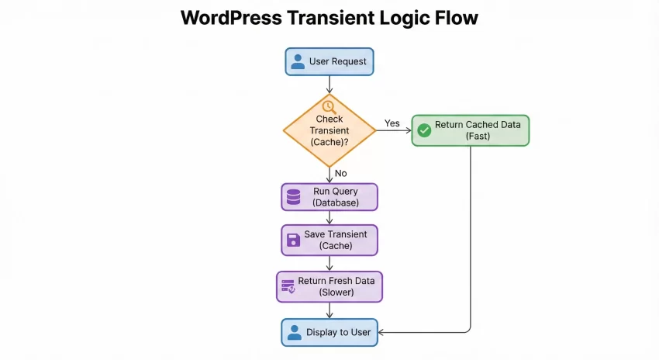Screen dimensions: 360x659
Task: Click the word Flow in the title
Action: (x=455, y=18)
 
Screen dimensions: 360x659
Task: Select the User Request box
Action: (x=329, y=61)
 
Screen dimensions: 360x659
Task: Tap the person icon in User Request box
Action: (x=298, y=61)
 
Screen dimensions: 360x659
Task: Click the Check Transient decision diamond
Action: (x=329, y=130)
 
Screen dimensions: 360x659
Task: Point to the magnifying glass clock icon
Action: (x=329, y=106)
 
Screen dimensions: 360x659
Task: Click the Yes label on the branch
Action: (x=392, y=123)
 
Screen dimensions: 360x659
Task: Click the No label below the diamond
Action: (x=340, y=173)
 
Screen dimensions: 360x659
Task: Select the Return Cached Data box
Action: (x=471, y=130)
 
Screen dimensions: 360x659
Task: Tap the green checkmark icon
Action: (x=424, y=130)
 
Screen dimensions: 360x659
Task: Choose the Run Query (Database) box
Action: (x=329, y=197)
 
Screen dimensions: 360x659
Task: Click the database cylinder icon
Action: (x=293, y=197)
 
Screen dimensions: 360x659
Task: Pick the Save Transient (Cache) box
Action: (x=329, y=240)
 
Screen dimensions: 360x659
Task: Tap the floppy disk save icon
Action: (x=293, y=240)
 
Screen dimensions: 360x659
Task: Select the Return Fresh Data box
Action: (x=329, y=286)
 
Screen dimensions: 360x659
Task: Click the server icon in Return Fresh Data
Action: (x=288, y=286)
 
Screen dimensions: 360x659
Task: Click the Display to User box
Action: (x=329, y=332)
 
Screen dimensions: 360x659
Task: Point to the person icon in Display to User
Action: (x=293, y=332)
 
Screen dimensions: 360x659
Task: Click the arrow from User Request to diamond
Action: (x=329, y=85)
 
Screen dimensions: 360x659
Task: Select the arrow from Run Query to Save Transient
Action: (x=329, y=218)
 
